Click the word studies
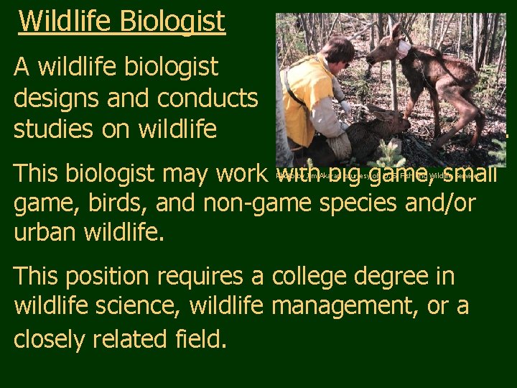pos(53,129)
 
